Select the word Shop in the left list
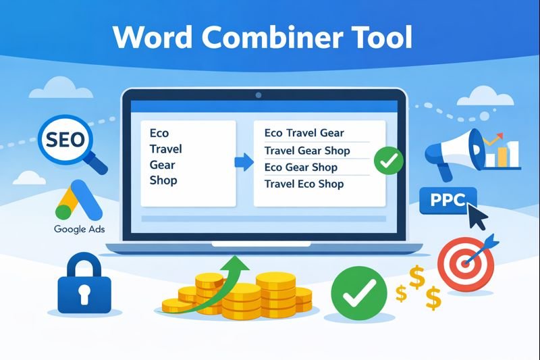(163, 180)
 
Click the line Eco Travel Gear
(304, 133)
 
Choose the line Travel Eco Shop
(304, 184)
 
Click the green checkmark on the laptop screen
(388, 161)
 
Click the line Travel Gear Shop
(307, 150)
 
